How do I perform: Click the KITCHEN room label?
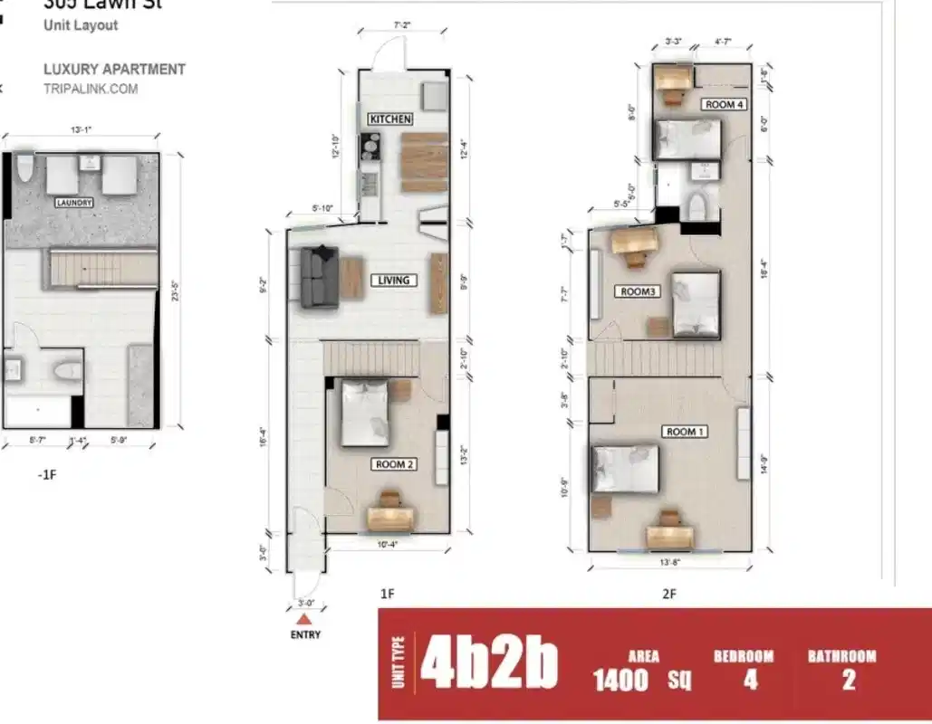390,119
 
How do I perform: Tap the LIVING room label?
393,281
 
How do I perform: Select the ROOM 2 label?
394,464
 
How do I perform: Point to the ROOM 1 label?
686,432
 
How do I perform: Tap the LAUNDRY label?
74,203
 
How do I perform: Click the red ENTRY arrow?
306,619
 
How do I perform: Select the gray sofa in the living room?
318,276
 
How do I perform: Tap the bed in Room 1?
625,469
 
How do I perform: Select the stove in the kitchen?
370,144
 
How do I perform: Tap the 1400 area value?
620,680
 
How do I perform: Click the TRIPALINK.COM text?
91,89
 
